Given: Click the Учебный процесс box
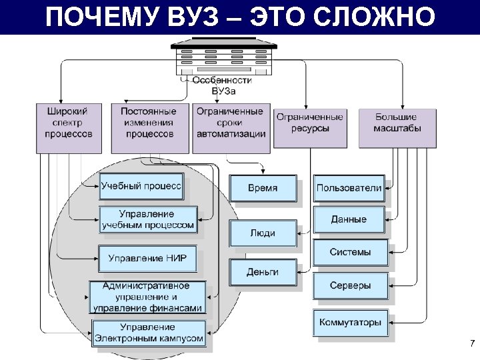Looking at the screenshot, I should (141, 187).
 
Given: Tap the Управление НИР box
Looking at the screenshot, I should (148, 258).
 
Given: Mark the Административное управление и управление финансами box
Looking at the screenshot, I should (147, 297).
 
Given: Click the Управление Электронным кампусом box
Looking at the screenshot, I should (147, 333).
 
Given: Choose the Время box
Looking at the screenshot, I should (263, 188).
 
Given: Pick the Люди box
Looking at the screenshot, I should (263, 233).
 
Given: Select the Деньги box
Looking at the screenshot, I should (263, 272).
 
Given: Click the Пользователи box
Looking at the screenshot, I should (349, 187).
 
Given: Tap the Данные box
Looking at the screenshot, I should (349, 219).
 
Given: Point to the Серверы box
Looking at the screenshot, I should (349, 286).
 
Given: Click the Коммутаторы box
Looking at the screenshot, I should (349, 323).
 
